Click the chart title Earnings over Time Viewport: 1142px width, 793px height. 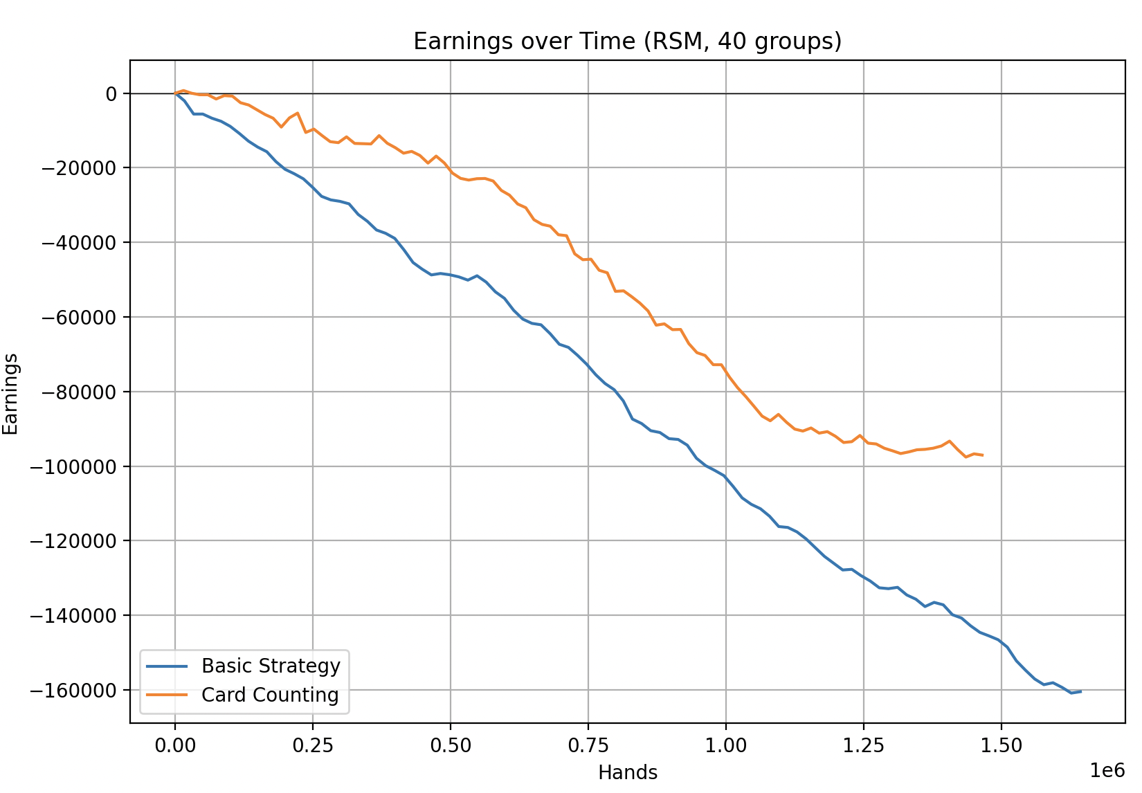627,42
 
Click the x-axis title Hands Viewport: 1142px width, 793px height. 627,772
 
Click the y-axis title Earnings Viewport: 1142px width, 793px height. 11,394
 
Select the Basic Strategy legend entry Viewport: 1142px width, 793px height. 271,666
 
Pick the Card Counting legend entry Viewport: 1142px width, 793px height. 270,695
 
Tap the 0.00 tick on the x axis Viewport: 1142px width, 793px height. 175,746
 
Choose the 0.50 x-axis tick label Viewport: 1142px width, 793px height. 451,746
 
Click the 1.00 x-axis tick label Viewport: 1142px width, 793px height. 726,746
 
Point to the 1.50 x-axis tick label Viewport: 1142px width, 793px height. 1001,746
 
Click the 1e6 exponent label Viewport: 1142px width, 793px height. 1107,770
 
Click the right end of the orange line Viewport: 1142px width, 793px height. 983,455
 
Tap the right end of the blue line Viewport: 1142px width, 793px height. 1080,691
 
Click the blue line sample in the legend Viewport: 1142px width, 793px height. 167,666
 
